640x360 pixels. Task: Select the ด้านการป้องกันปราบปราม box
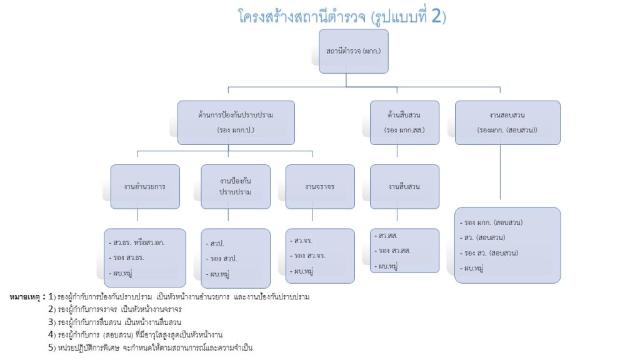(x=236, y=122)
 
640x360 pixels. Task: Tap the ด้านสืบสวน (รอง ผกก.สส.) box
(x=404, y=122)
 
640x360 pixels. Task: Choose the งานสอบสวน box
(x=507, y=122)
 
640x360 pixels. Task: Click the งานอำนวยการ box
(x=144, y=186)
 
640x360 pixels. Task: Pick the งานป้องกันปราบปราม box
(x=236, y=186)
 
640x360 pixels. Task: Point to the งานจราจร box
(x=319, y=186)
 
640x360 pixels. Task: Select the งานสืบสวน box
(x=404, y=186)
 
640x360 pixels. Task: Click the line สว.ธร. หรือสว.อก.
(x=139, y=241)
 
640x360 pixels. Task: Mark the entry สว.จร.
(x=304, y=240)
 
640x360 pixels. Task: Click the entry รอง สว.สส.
(x=394, y=251)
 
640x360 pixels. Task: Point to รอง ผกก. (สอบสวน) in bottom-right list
(x=493, y=222)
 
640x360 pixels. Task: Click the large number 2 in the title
(x=439, y=16)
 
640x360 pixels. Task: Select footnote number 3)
(x=52, y=322)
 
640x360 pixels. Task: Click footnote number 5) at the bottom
(x=52, y=347)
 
